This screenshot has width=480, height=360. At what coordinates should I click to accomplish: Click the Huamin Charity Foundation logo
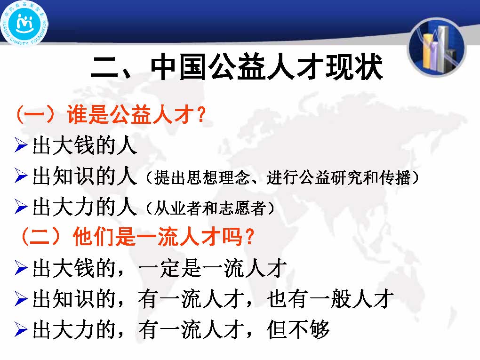[24, 23]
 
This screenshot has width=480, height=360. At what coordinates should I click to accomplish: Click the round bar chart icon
[437, 48]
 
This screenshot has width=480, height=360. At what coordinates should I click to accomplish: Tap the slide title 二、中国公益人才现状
[237, 67]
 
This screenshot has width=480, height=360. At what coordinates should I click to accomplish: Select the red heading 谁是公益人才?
[136, 114]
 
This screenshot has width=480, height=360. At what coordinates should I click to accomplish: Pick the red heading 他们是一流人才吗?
[163, 237]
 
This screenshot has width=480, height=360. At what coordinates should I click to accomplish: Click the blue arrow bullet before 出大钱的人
[21, 145]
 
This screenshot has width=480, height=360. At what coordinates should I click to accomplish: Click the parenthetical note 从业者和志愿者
[210, 208]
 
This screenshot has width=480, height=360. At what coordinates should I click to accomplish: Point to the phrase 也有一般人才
[330, 299]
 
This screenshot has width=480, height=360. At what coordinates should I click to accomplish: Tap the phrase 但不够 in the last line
[298, 329]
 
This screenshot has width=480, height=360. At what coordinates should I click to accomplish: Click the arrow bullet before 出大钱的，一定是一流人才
[21, 268]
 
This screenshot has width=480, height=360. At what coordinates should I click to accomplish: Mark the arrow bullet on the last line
[21, 329]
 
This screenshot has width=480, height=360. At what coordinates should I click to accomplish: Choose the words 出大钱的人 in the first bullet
[85, 145]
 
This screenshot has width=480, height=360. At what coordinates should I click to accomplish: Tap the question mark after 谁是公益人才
[201, 115]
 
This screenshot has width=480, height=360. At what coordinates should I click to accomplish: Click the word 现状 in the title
[354, 67]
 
